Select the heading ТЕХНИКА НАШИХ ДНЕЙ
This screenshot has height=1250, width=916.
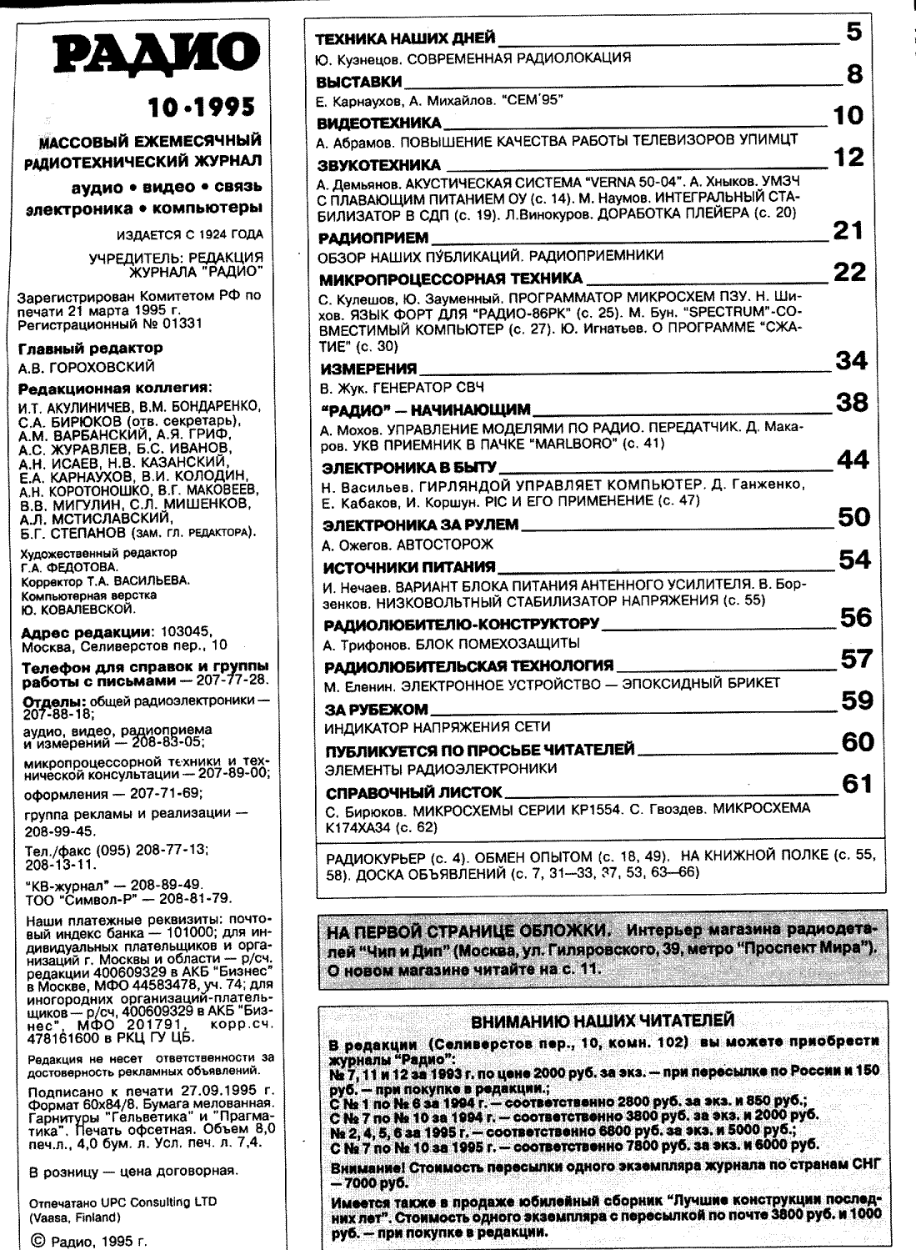pos(406,38)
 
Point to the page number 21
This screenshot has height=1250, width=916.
pos(848,230)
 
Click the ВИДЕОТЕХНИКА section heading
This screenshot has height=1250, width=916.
pos(379,123)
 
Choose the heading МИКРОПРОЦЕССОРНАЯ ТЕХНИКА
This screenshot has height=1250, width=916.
pos(451,278)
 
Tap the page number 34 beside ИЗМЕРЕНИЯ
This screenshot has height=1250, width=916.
pos(851,360)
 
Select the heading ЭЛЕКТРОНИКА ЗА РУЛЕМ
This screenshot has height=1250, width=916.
pos(420,525)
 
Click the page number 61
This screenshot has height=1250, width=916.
pos(857,784)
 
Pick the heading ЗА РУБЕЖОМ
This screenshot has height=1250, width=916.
pos(377,710)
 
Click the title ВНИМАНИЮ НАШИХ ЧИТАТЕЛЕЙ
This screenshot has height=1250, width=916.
pos(603,1021)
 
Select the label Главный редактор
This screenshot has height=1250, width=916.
pos(90,348)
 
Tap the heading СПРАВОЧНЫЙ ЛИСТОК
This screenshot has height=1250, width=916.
pos(413,791)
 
